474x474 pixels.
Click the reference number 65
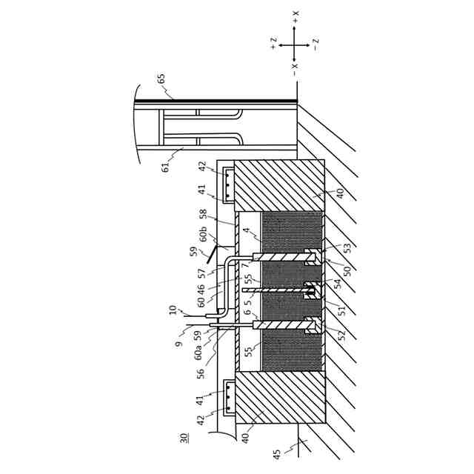tap(161, 79)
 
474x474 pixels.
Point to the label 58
tap(203, 214)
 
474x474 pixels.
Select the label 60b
tap(204, 236)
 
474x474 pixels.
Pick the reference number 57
tap(202, 273)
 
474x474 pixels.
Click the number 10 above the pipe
tap(173, 310)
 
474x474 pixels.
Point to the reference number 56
tap(201, 373)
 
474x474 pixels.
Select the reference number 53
tap(347, 248)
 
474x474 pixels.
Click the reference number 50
tap(347, 271)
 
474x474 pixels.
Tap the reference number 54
tap(338, 284)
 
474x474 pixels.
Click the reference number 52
tap(341, 335)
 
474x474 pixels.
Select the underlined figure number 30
tap(184, 438)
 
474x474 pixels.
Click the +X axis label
tap(295, 16)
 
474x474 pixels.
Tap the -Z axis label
tap(316, 44)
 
